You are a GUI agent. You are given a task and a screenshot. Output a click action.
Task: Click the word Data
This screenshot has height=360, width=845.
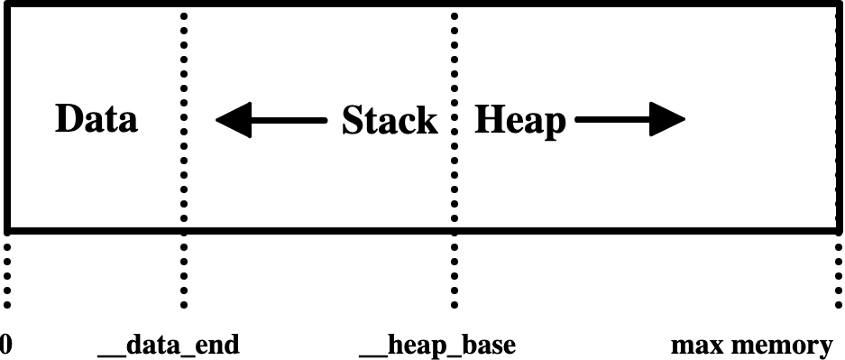(96, 120)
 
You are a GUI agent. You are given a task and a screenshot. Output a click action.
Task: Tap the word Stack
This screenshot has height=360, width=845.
(390, 121)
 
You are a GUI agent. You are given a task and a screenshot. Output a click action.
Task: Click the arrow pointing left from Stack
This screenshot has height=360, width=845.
(271, 120)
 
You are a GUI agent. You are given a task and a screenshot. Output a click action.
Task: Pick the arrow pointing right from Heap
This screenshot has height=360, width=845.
(630, 120)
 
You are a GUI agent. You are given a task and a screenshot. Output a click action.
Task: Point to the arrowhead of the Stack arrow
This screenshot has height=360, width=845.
(233, 120)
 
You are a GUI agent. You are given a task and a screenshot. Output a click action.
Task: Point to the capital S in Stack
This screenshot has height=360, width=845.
(353, 121)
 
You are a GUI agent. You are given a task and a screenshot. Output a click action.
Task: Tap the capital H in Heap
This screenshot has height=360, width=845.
(490, 120)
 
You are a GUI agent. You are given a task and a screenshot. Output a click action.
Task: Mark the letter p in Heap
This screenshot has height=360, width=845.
(556, 125)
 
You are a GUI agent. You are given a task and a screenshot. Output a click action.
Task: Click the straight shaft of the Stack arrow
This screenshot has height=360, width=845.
(289, 120)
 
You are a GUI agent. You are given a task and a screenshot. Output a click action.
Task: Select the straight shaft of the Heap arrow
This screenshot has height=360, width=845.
(613, 120)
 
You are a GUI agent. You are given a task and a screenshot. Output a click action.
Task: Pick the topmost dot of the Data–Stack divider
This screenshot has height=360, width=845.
(184, 15)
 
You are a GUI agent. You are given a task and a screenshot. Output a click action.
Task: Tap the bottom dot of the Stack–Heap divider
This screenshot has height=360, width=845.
(455, 217)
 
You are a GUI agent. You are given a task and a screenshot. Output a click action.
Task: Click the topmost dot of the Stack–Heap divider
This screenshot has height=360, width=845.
(455, 15)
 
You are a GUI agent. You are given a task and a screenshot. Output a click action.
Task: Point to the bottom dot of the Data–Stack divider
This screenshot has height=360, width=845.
(184, 217)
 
